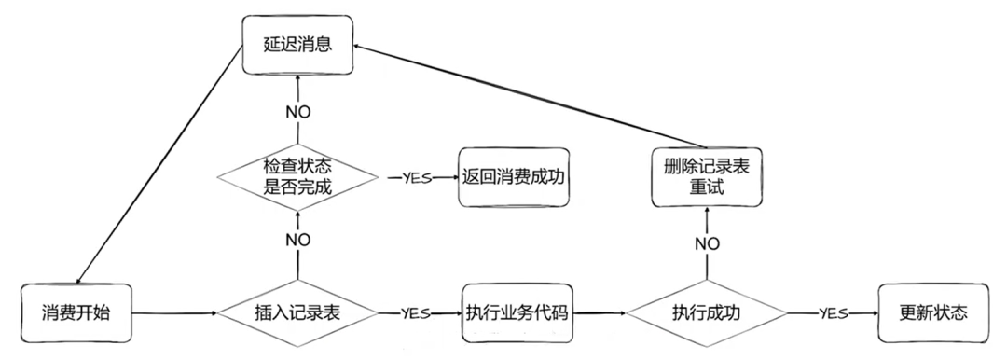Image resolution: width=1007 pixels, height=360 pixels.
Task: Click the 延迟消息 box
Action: click(x=297, y=44)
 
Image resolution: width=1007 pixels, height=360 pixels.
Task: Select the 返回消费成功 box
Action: click(x=513, y=176)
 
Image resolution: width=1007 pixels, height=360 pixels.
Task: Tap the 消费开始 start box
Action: click(x=76, y=312)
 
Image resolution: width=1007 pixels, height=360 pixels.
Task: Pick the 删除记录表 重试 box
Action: click(x=708, y=176)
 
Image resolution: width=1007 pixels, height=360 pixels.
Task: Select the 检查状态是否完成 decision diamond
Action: click(x=297, y=176)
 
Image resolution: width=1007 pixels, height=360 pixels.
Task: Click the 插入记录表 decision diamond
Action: click(x=297, y=313)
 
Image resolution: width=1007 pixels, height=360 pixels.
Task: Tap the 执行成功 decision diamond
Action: click(x=706, y=313)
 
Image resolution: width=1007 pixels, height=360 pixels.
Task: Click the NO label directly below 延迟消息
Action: click(x=297, y=111)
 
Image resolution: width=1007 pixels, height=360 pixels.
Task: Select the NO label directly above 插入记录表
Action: click(x=297, y=240)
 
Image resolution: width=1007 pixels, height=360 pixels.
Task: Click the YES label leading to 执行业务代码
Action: click(x=416, y=313)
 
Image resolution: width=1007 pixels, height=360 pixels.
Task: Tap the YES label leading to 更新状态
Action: click(x=832, y=313)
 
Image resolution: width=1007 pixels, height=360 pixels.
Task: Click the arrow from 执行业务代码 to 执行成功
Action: click(x=597, y=313)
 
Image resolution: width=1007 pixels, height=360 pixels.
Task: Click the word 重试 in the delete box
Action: click(x=708, y=187)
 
